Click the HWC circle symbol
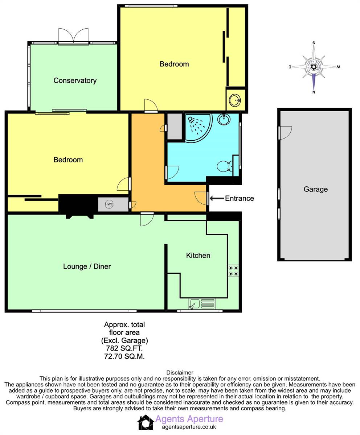tap(109, 204)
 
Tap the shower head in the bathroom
tap(190, 119)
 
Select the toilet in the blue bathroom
tap(225, 166)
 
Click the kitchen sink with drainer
tap(202, 303)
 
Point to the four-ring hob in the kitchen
tap(233, 271)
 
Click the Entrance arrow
tap(217, 198)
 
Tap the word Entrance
tap(240, 198)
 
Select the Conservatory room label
tap(75, 80)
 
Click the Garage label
tap(316, 189)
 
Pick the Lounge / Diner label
tap(87, 266)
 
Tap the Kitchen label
tap(198, 256)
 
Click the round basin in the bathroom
tap(224, 119)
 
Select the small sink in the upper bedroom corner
tap(235, 100)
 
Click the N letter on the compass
tap(314, 92)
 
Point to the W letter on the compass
tap(338, 67)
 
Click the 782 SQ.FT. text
tap(124, 348)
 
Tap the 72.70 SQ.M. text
tap(124, 356)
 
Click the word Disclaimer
tap(180, 373)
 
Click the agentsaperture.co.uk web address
tap(189, 427)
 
